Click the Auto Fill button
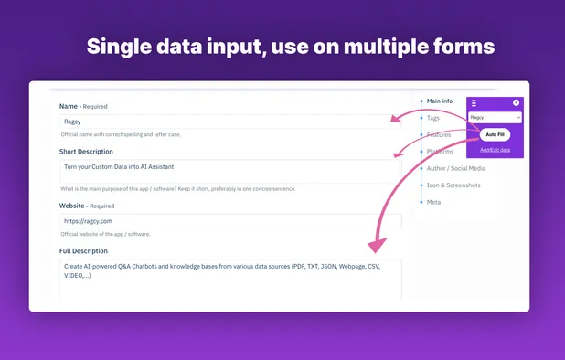(x=495, y=134)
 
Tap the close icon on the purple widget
(x=516, y=103)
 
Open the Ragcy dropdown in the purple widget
(x=495, y=117)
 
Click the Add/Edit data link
(x=495, y=149)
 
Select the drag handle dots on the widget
(x=474, y=103)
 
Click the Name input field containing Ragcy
(x=229, y=121)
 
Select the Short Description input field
(x=229, y=173)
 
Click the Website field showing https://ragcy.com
(x=229, y=221)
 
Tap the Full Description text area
(x=229, y=279)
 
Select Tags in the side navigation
(x=434, y=118)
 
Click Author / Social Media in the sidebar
(x=456, y=168)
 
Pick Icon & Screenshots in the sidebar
(x=453, y=185)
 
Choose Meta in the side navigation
(x=433, y=202)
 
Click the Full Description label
(x=84, y=250)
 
